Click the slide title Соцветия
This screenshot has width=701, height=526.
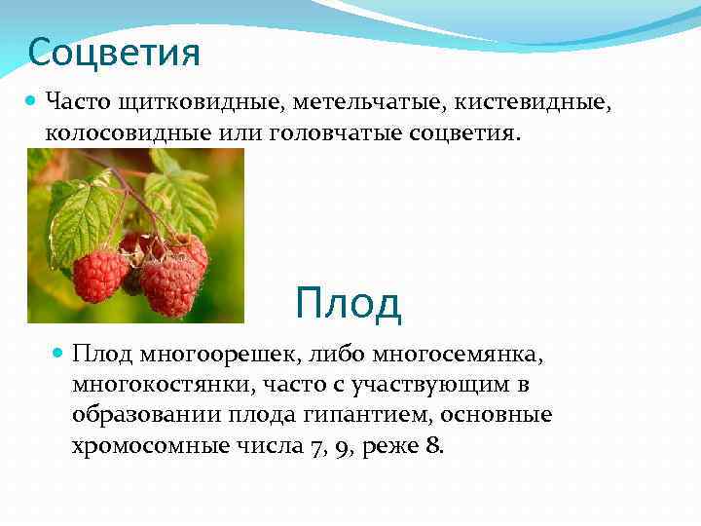click(x=114, y=52)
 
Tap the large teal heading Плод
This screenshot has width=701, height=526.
click(x=348, y=303)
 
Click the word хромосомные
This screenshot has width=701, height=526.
click(x=153, y=446)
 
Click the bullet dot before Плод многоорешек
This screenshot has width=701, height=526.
click(x=57, y=352)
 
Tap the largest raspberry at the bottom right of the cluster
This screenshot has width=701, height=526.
click(x=169, y=285)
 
